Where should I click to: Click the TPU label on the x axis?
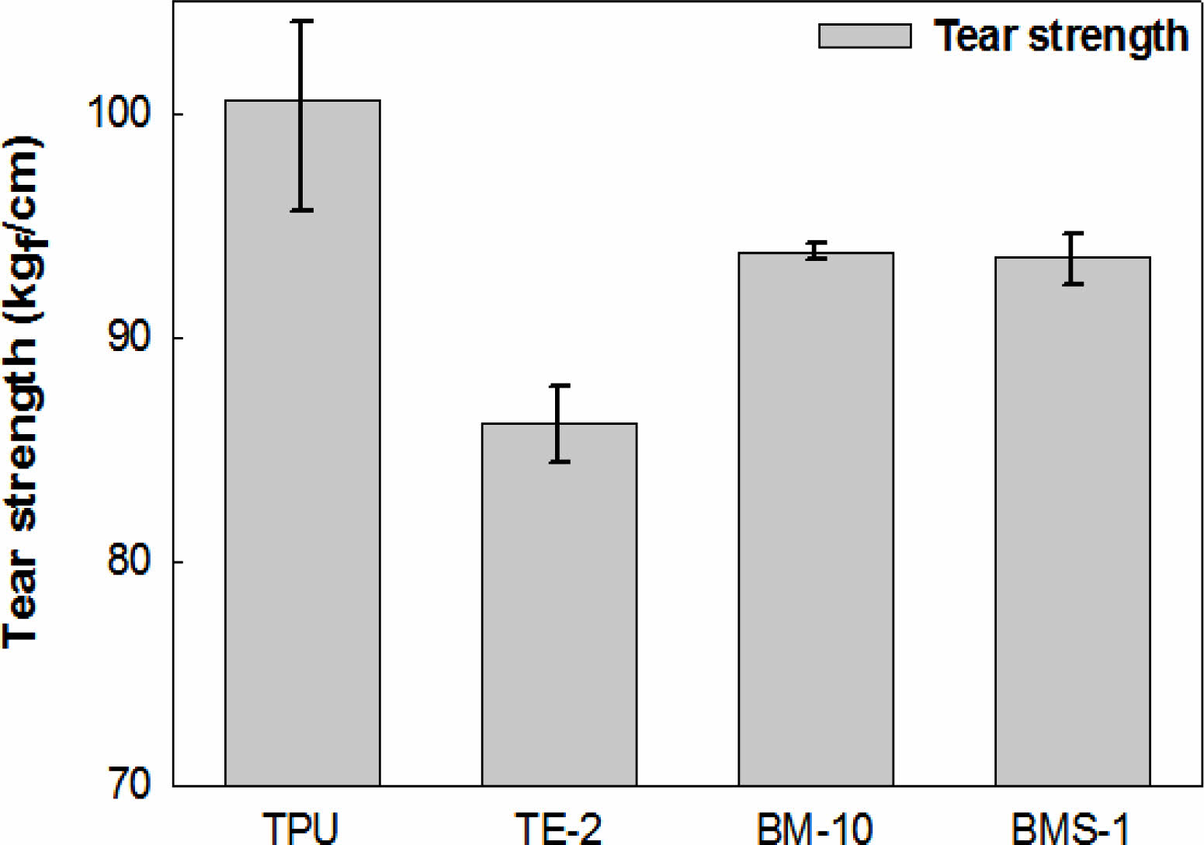click(301, 828)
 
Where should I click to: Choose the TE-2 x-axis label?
click(559, 828)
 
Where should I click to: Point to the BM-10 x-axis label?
click(815, 828)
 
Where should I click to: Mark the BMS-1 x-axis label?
click(1071, 828)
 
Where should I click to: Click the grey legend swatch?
click(865, 36)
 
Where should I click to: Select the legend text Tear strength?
click(1061, 36)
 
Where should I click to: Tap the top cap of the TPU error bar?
click(302, 22)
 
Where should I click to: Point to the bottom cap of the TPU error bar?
click(302, 210)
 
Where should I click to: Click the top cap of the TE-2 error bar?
click(559, 385)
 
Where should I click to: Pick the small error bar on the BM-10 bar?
click(816, 250)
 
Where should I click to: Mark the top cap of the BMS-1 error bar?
click(1073, 233)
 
